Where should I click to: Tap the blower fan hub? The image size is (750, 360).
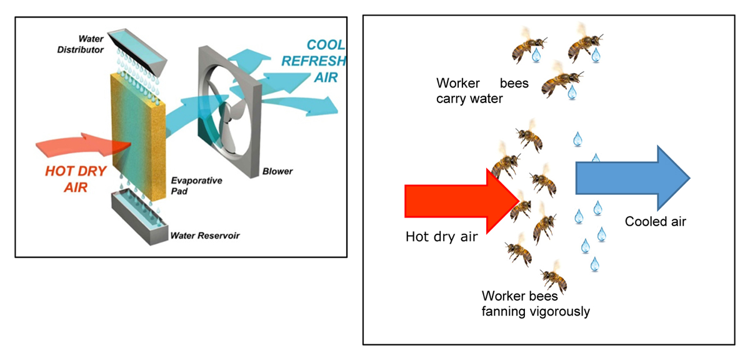click(227, 116)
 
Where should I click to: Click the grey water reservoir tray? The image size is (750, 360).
click(137, 216)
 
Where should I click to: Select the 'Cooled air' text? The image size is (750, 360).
click(655, 221)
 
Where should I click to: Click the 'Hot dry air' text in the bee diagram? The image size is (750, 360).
click(442, 237)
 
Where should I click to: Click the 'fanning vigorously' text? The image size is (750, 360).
click(536, 311)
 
